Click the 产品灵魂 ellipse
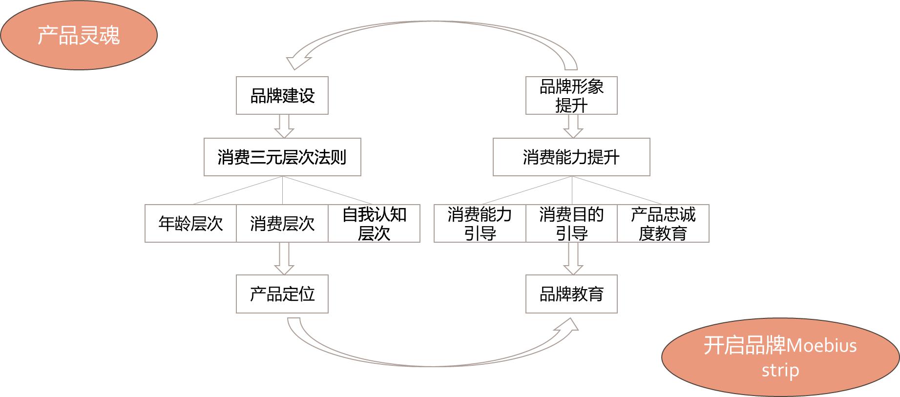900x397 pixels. coord(79,35)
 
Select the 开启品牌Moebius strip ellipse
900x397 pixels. coord(780,357)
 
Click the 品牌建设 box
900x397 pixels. coord(282,96)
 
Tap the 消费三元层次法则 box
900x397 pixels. coord(282,157)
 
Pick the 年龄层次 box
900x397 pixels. coord(190,224)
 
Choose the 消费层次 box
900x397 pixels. coord(282,224)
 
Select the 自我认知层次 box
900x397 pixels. coord(374,224)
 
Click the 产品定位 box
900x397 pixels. coord(282,294)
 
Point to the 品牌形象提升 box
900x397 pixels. coord(571,96)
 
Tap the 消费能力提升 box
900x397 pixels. coord(571,157)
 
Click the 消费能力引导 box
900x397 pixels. coord(480,224)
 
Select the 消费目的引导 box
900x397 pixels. coord(571,224)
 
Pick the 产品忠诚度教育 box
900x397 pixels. coord(663,224)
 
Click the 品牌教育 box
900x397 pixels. coord(571,294)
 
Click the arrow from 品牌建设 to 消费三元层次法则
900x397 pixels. coord(284,126)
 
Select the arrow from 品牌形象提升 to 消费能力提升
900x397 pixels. coord(573,126)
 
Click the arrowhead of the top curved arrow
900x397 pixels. coord(297,61)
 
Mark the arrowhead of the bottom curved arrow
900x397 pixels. coord(567,327)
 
